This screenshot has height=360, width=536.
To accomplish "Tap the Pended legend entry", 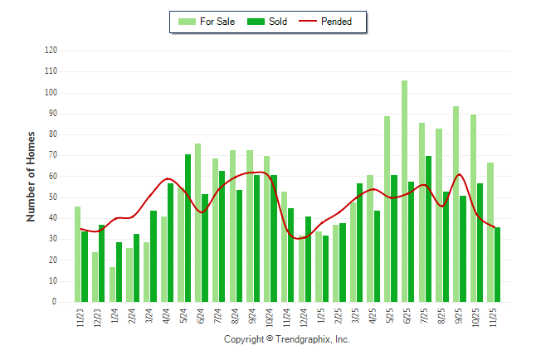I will click(x=331, y=22).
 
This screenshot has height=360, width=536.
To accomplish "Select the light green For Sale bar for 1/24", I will click(x=112, y=285).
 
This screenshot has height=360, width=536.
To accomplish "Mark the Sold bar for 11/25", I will click(x=497, y=265).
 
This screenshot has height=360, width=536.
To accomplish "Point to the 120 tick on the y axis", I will click(x=51, y=51).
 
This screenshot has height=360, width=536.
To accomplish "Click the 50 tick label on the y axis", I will click(x=52, y=197).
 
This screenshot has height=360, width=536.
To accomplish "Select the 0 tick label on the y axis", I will click(x=55, y=302).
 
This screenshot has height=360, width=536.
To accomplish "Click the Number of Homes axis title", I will click(x=31, y=176).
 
